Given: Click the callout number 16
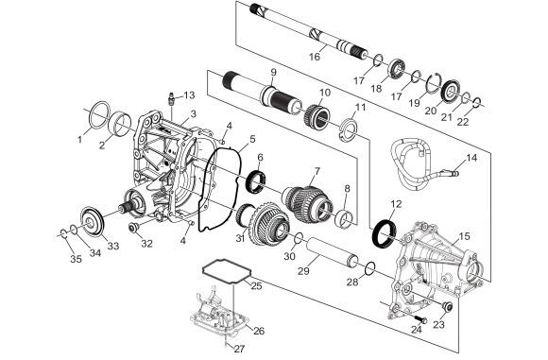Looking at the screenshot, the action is point(315,57).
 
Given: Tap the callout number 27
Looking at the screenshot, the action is point(239,349).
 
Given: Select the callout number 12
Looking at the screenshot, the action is point(396,204).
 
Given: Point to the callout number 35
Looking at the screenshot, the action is point(76,259).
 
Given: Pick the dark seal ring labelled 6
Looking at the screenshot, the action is point(257,181).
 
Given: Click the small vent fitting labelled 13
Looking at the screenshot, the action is point(173,98).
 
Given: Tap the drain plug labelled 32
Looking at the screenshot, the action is point(133,228).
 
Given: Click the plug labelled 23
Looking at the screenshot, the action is point(447,306).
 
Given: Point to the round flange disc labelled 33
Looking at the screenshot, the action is point(93,222).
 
